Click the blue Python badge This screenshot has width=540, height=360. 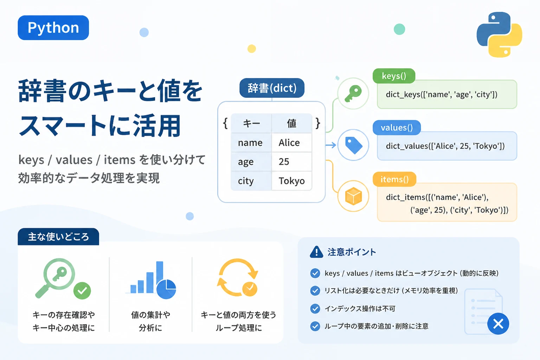pos(53,27)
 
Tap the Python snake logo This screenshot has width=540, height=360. pos(499,34)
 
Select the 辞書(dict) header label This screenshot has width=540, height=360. pos(272,88)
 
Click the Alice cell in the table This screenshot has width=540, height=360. pos(292,142)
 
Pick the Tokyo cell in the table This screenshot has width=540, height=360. pos(292,181)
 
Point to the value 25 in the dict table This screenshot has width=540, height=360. pos(284,162)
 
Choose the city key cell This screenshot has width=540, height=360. pos(251,181)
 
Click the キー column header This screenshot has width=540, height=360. pos(251,123)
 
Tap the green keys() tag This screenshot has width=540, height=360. pos(394,76)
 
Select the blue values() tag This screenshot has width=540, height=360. pos(397,128)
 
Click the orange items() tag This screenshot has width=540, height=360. pos(394,179)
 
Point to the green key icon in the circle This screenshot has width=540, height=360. pos(353,94)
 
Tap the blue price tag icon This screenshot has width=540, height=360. pos(354,145)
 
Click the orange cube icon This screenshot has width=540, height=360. pos(353,196)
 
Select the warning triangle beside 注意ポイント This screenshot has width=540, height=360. pos(316,252)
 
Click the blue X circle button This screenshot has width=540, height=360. pos(498,323)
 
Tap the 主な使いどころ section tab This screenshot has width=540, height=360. pos(58,237)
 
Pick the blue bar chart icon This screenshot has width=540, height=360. pos(151,280)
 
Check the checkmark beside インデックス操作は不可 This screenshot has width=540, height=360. pos(315,309)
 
